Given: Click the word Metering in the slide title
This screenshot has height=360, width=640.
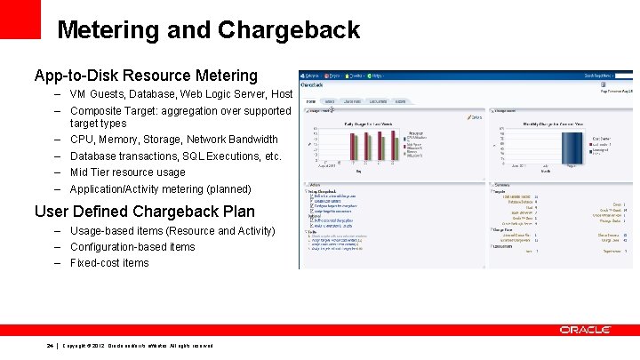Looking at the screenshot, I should coord(108,29).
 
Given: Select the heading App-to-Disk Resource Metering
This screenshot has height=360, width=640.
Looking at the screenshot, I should coord(146,76).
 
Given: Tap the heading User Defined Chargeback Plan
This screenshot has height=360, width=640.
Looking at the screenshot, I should coord(144,212).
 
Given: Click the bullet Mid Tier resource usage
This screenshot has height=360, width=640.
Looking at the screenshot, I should coord(127,172).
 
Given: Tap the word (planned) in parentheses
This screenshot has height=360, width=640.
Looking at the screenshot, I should coord(226,189).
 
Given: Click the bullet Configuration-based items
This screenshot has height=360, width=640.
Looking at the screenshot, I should coord(132,246).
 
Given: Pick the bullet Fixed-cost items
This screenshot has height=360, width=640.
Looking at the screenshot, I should coord(109,263).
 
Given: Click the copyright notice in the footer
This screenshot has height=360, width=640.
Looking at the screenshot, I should coord(138,346).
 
